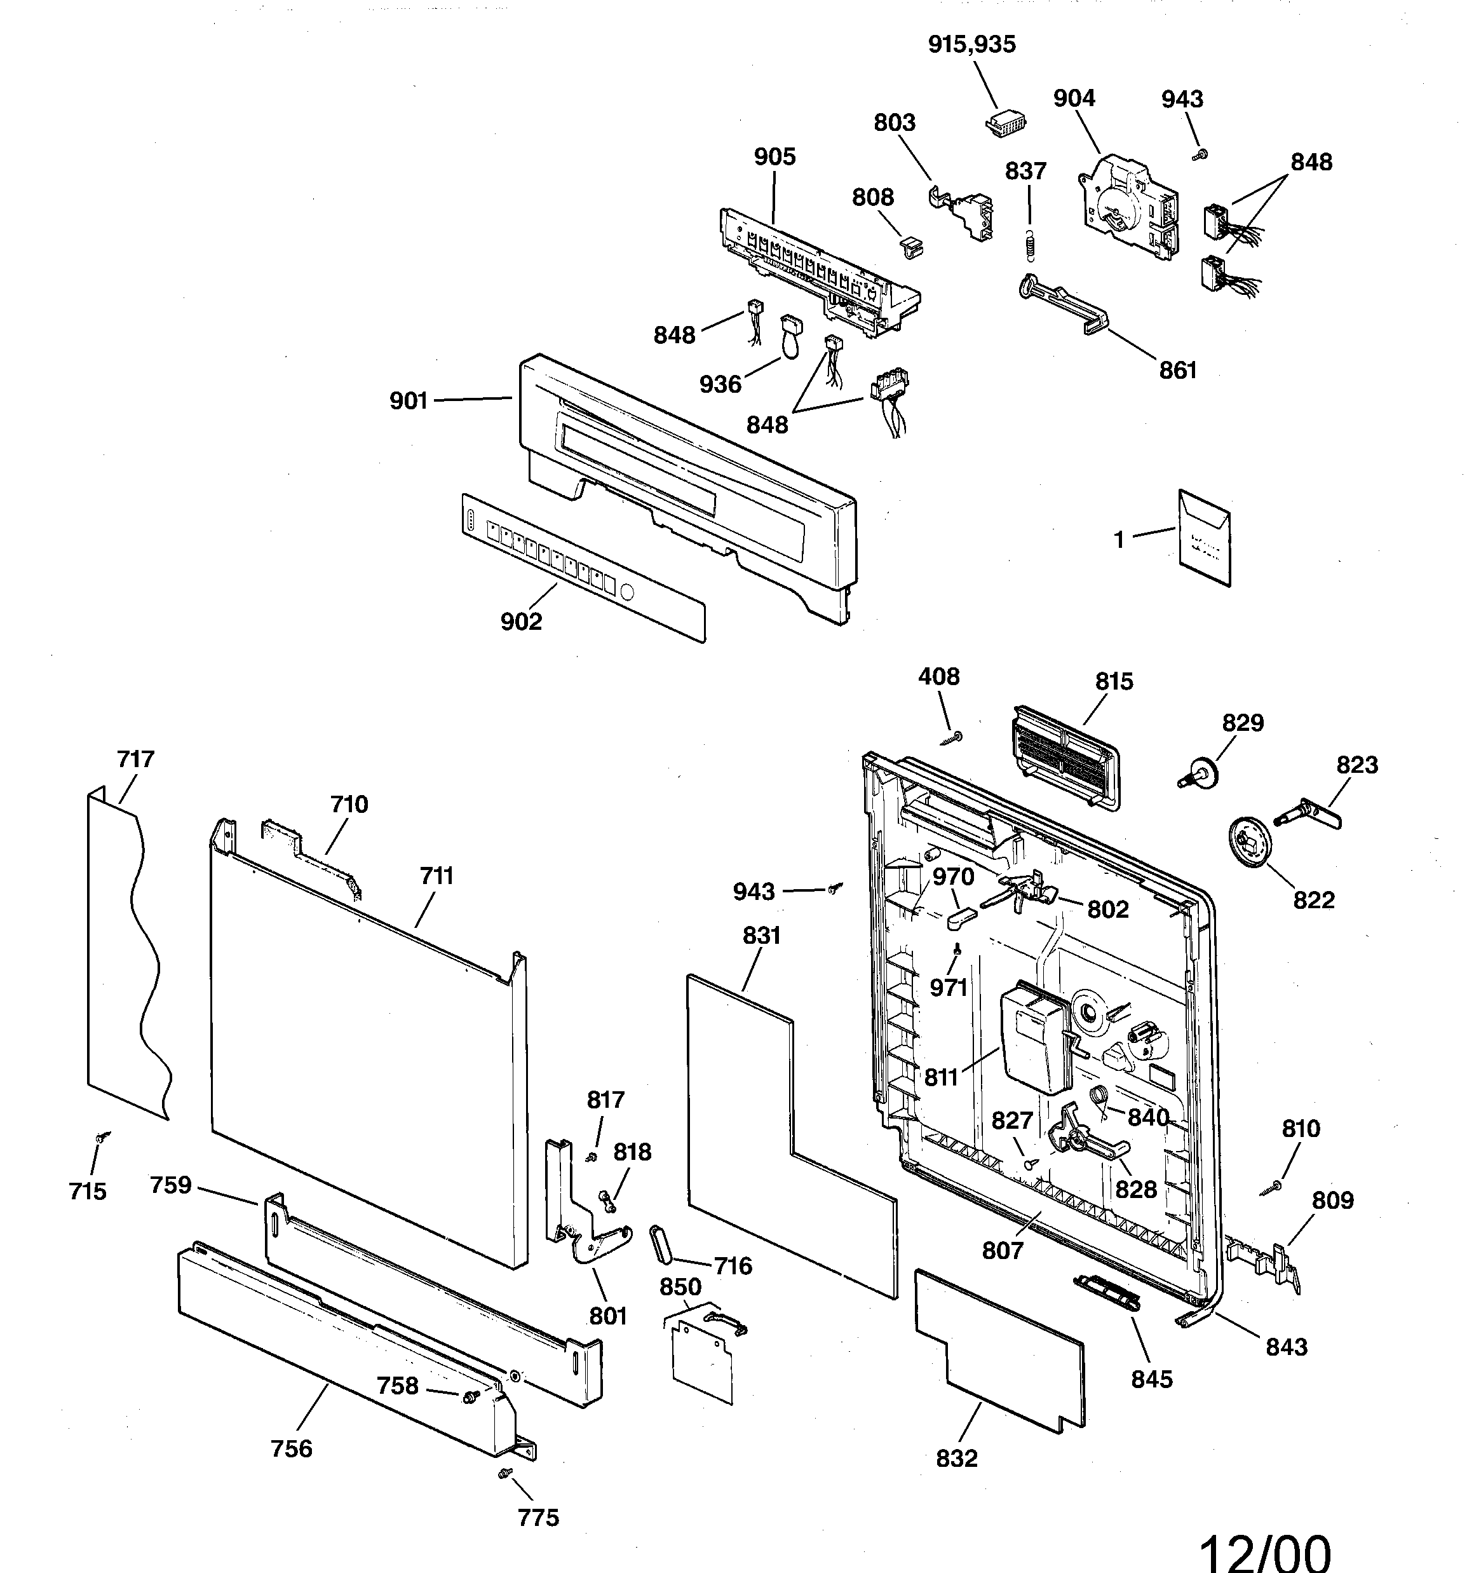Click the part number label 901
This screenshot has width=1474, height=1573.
pos(409,401)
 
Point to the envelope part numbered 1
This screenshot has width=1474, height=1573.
pos(1205,539)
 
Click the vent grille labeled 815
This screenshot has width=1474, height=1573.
pos(1064,752)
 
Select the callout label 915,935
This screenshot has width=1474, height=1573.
pos(971,44)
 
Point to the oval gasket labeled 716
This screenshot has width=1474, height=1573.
pos(661,1247)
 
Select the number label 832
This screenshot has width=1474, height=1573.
pos(957,1458)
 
